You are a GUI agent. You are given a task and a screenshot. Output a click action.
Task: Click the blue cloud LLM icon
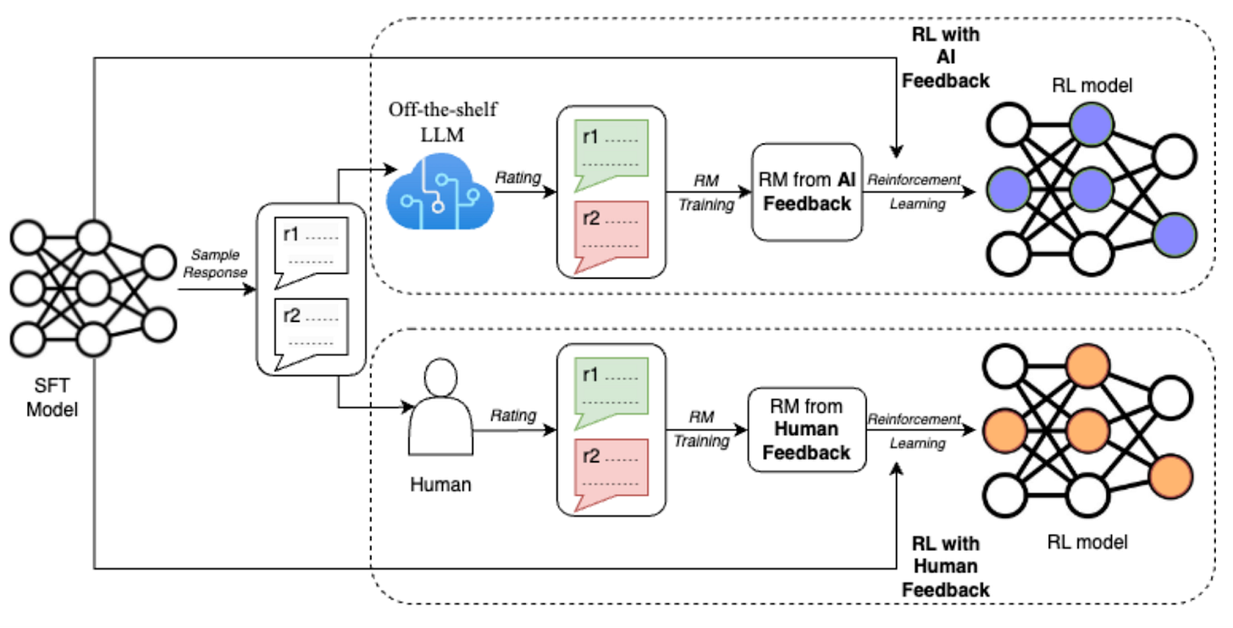coord(440,192)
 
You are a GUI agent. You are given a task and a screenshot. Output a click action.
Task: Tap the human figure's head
coord(441,378)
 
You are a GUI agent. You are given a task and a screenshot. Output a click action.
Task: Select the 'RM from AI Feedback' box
coord(807,192)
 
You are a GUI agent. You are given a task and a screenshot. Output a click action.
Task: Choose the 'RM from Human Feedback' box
coord(807,430)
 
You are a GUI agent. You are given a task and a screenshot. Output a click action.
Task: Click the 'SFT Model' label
coord(52,397)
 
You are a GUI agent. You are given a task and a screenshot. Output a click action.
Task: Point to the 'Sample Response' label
coord(215,264)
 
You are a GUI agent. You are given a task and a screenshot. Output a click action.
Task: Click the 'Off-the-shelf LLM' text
coord(443,122)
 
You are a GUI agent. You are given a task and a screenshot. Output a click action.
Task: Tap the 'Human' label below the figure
coord(441,484)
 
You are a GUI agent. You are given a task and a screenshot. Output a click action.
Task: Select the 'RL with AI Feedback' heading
coord(946,58)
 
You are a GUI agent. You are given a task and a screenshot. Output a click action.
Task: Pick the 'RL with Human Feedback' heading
coord(946,566)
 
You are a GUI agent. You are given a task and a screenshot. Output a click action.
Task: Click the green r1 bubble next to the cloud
coord(611,154)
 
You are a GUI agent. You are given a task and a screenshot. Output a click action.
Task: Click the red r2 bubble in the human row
coord(611,475)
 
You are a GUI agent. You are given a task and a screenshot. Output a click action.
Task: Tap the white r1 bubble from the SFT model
coord(312,253)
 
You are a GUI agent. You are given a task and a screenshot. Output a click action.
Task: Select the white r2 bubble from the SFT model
coord(312,333)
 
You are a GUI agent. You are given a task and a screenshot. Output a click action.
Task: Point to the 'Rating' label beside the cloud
coord(518,177)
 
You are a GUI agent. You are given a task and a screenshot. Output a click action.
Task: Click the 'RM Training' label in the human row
coord(702,429)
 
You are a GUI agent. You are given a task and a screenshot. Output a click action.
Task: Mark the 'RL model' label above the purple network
coord(1092,86)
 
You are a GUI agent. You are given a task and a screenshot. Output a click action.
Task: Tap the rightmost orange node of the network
coord(1171,477)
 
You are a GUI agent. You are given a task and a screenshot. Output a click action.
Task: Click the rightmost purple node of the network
coord(1175,236)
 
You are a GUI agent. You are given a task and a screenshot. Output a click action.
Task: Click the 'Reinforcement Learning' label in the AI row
coord(915,192)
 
